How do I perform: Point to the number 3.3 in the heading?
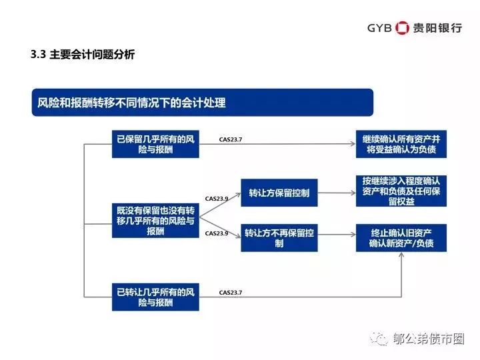[x=37, y=55]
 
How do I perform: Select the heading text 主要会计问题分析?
[x=92, y=55]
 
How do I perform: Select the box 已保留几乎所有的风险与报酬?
[x=155, y=145]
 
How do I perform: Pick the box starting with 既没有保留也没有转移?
[x=155, y=220]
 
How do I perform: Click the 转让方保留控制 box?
[x=279, y=193]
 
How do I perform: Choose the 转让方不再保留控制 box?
[x=279, y=239]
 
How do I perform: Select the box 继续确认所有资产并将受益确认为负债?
[x=400, y=145]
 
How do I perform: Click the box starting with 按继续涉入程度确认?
[x=400, y=190]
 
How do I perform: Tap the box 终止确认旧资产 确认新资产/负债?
[x=400, y=238]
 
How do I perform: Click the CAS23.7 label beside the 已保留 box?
[x=231, y=140]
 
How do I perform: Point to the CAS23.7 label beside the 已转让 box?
[x=231, y=292]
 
